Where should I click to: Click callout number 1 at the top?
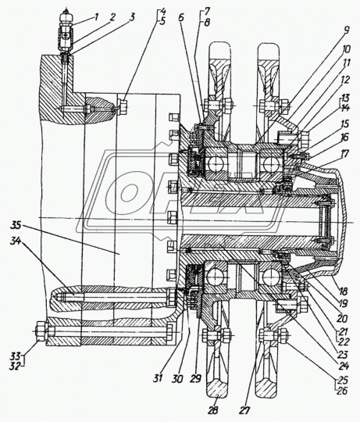pos(96,17)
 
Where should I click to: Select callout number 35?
pos(16,225)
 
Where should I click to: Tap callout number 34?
pos(16,241)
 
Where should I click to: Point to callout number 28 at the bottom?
pos(212,410)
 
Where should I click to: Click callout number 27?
pos(244,410)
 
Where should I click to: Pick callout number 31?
pos(158,378)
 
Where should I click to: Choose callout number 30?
pos(177,379)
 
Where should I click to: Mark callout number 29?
pos(195,379)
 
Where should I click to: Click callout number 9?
pos(346,30)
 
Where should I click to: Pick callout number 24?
pos(344,366)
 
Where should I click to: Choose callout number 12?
pos(345,80)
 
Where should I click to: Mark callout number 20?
pos(342,319)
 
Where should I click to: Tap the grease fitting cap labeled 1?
pos(66,16)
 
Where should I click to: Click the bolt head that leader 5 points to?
pos(123,107)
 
